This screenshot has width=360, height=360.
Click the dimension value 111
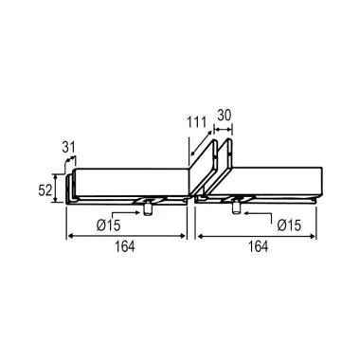pos(196,122)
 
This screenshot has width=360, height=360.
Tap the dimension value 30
pos(225,116)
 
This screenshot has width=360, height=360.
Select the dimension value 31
pos(68,147)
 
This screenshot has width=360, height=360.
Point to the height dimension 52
pos(45,190)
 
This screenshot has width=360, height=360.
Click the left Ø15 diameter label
pos(109,225)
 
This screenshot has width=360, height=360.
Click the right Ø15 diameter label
pos(289,225)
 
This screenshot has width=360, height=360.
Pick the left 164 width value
pos(124,246)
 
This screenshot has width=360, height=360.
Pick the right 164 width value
pos(258,246)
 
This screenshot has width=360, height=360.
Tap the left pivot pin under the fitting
pos(147,209)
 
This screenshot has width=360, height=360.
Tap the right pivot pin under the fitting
pos(236,208)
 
